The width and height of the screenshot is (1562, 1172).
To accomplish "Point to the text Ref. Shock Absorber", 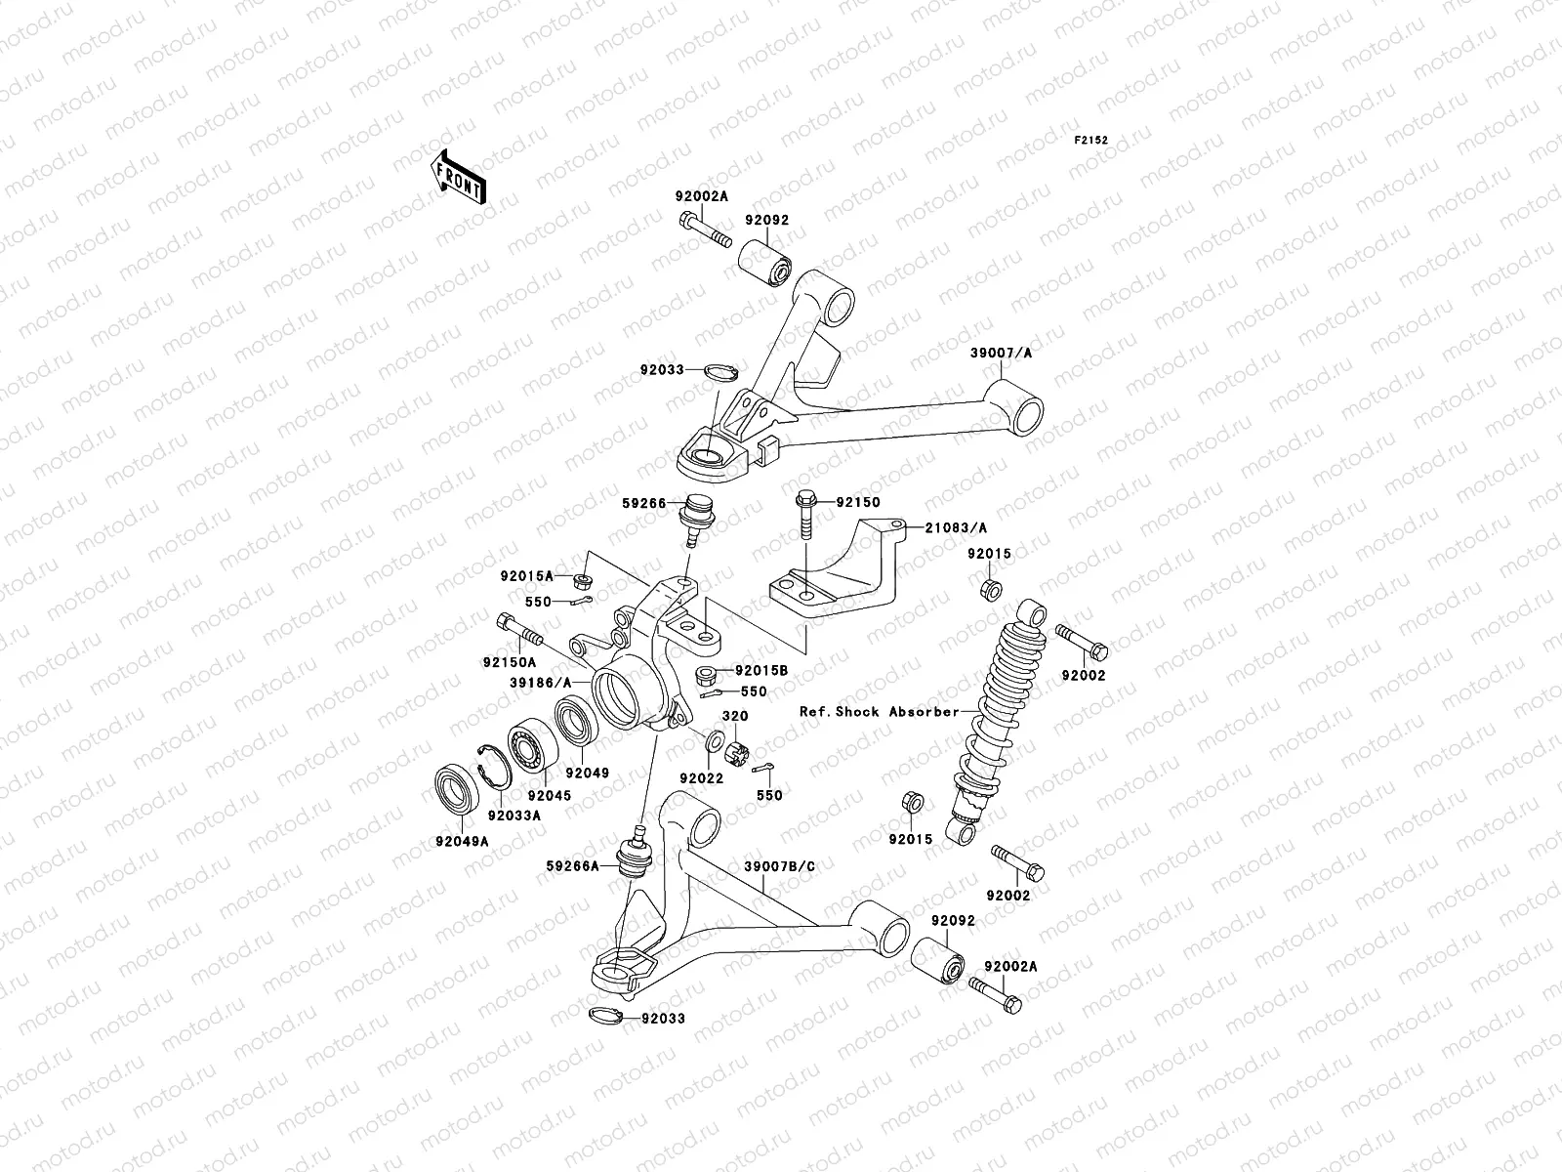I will point(880,712).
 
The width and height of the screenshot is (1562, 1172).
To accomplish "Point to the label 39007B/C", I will point(778,865).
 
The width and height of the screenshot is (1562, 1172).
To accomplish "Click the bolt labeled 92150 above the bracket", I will point(806,515).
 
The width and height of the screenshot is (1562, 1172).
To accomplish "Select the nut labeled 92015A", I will point(582,583).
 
